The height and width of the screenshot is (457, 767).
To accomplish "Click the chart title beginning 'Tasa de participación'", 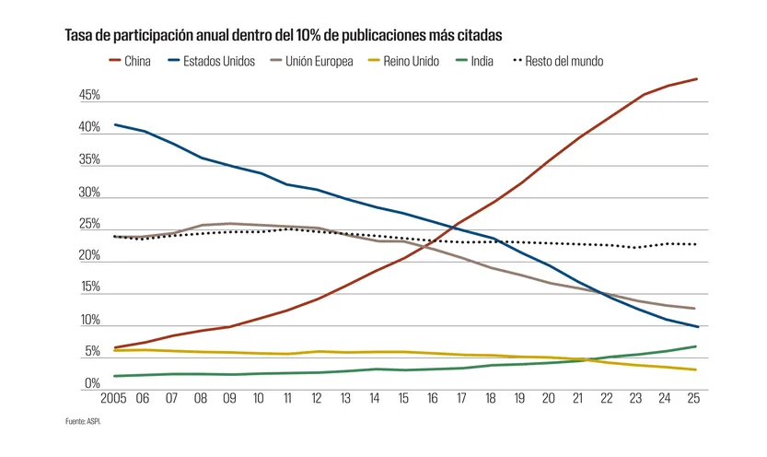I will [284, 35].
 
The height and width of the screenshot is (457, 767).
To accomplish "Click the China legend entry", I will [129, 62].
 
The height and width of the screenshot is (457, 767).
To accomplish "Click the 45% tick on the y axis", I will [89, 96].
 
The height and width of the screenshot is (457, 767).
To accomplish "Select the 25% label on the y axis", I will [89, 224].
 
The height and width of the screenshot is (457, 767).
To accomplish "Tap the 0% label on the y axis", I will [92, 383].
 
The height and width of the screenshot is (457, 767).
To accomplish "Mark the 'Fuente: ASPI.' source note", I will [83, 422].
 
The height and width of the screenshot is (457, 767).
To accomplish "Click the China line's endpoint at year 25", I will [696, 79].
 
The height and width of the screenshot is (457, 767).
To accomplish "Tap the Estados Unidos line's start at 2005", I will [115, 124].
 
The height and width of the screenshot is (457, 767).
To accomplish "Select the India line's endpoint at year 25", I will [696, 346].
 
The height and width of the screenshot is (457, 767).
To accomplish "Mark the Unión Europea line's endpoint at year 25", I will [696, 309].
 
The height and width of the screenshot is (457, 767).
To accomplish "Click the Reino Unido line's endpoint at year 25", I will [696, 369].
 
